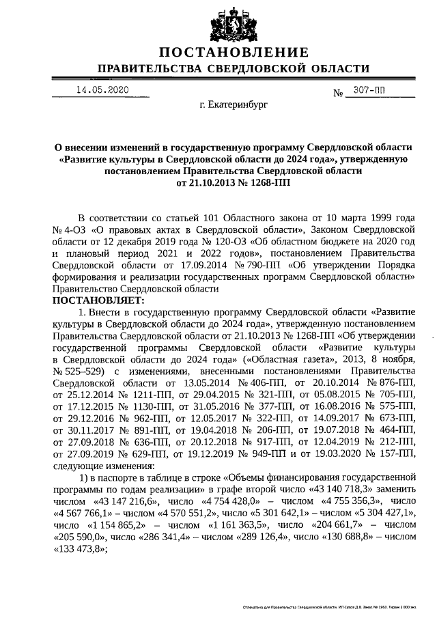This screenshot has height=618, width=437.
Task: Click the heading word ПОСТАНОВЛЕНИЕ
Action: pyautogui.click(x=234, y=53)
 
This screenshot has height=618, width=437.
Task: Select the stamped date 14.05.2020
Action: pyautogui.click(x=102, y=90)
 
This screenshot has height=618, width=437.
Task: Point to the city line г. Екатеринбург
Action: pyautogui.click(x=234, y=106)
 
